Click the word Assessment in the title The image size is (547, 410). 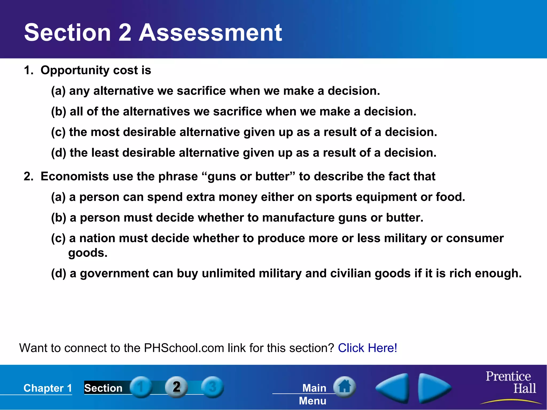pyautogui.click(x=210, y=33)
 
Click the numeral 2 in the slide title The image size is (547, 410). pyautogui.click(x=124, y=33)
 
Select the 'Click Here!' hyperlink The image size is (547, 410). pyautogui.click(x=368, y=348)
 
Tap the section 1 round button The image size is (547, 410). pyautogui.click(x=141, y=387)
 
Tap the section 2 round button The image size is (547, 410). pyautogui.click(x=176, y=387)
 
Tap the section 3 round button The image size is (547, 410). pyautogui.click(x=212, y=387)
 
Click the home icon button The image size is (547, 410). pyautogui.click(x=345, y=387)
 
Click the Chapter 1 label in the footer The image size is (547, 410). pyautogui.click(x=48, y=388)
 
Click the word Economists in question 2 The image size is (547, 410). pyautogui.click(x=75, y=176)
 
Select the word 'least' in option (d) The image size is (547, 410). pyautogui.click(x=105, y=153)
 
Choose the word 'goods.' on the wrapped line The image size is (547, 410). pyautogui.click(x=88, y=253)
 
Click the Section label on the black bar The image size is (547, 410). pyautogui.click(x=103, y=388)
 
